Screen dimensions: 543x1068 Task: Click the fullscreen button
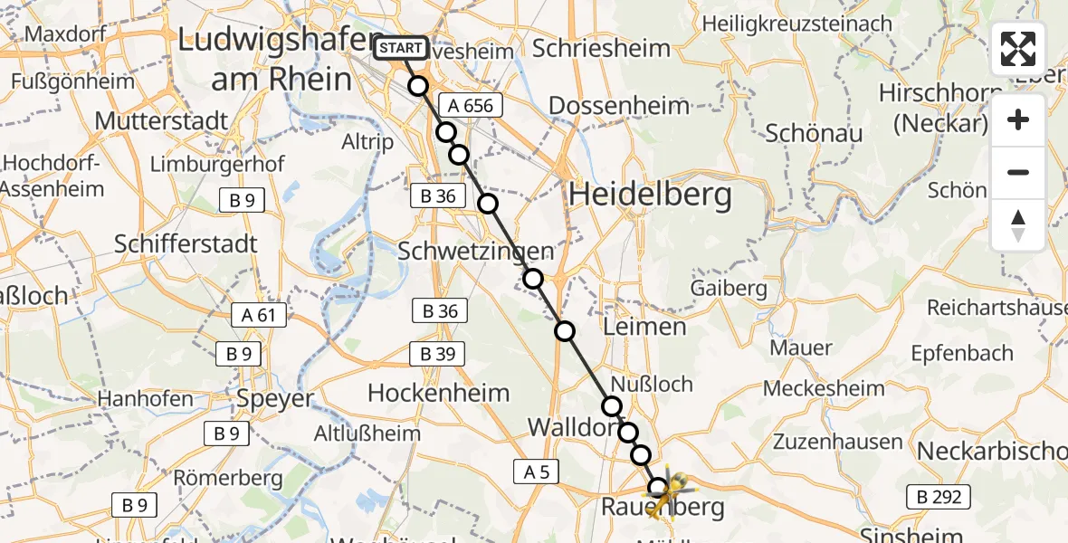[x=1018, y=49]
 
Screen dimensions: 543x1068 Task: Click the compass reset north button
[x=1018, y=225]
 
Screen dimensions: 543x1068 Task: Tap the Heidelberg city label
[x=650, y=195]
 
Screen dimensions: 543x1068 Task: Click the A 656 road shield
[x=466, y=106]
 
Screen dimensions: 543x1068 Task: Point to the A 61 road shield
[x=258, y=315]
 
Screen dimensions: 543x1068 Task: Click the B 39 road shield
[x=438, y=354]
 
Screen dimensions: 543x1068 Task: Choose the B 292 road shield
[x=939, y=496]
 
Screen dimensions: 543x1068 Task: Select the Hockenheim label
[x=439, y=393]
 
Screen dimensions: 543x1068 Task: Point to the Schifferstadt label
[x=186, y=244]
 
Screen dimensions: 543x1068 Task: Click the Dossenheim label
[x=619, y=106]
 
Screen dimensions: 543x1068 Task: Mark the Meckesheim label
[x=824, y=389]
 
